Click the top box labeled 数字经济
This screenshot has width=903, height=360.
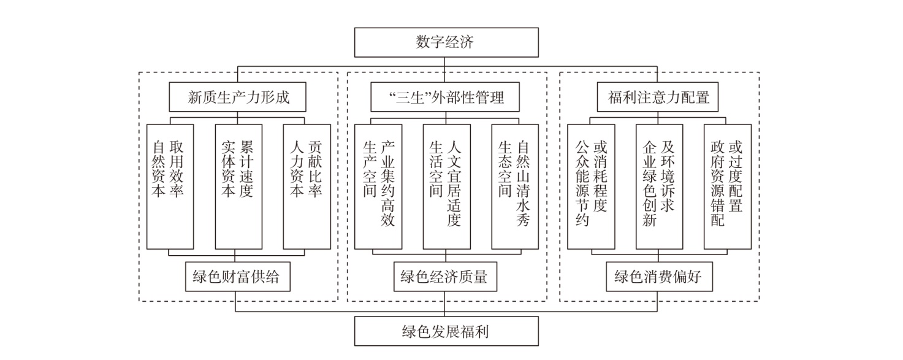click(x=446, y=42)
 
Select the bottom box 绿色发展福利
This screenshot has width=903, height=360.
click(x=446, y=332)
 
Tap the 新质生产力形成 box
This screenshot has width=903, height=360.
click(x=238, y=97)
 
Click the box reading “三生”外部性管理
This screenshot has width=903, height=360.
click(x=446, y=97)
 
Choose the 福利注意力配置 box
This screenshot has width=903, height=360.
click(x=658, y=97)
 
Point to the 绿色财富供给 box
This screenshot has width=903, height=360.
click(x=236, y=277)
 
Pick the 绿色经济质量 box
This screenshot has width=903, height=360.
click(x=444, y=277)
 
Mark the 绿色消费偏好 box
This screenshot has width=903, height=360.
click(x=657, y=277)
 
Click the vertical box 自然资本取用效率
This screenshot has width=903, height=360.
click(x=170, y=186)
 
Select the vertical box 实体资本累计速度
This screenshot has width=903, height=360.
click(x=238, y=186)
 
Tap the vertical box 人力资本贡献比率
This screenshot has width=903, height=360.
click(x=307, y=186)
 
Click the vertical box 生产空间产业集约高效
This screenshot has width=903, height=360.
click(x=378, y=186)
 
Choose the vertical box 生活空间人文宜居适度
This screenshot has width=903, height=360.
click(x=446, y=186)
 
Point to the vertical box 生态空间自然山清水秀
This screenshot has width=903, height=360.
click(x=515, y=186)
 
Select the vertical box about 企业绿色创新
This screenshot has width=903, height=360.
click(x=659, y=186)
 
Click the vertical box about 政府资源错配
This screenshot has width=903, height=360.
click(x=727, y=186)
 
